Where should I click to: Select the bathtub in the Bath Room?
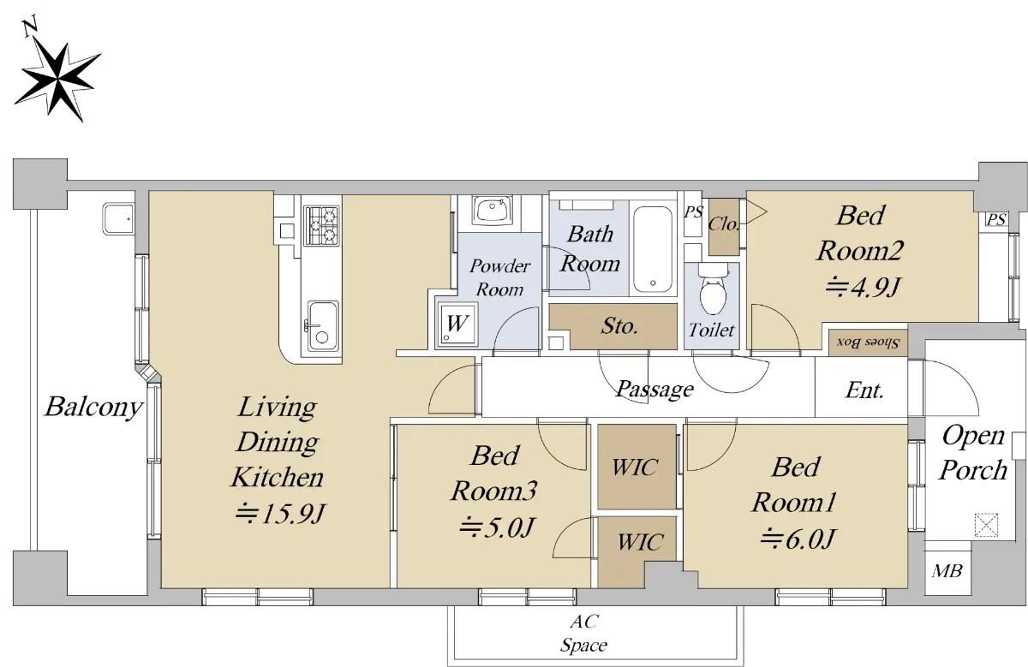click(x=653, y=248)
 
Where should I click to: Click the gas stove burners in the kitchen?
click(x=323, y=225)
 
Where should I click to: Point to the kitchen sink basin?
click(x=323, y=325)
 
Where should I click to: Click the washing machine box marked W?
click(x=457, y=324)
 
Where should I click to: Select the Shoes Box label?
click(x=868, y=342)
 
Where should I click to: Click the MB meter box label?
click(x=947, y=570)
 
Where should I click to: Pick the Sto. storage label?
click(x=619, y=325)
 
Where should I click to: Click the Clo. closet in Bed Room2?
click(x=724, y=227)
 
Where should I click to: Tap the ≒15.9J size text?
click(x=279, y=514)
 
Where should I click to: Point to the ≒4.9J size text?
click(x=862, y=288)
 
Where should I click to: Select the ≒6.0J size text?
click(x=798, y=539)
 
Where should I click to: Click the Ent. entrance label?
click(x=864, y=390)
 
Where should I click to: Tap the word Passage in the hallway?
click(x=654, y=390)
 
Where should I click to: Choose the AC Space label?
click(x=583, y=633)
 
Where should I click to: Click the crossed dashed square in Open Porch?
click(x=986, y=525)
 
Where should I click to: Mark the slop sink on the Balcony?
click(x=118, y=219)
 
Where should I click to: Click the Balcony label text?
click(x=94, y=407)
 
